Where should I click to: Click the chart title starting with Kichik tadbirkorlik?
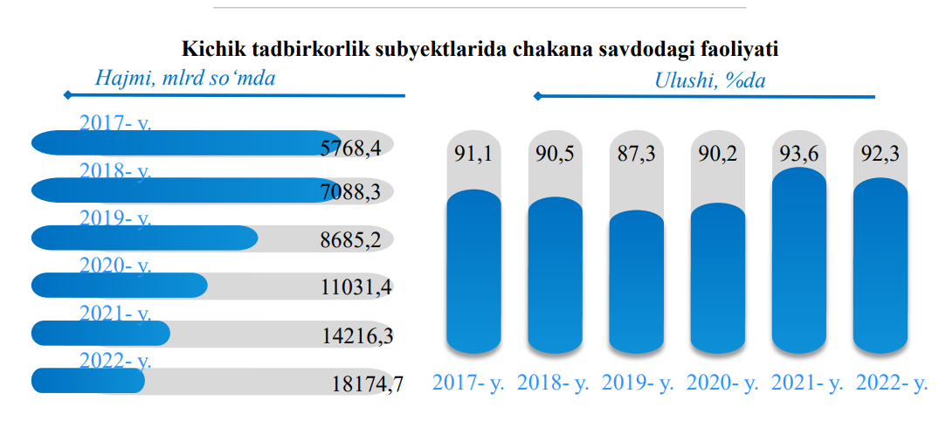(x=480, y=49)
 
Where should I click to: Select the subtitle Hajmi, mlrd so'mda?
(x=184, y=79)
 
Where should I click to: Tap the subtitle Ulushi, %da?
(x=709, y=81)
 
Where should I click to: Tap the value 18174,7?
(x=367, y=383)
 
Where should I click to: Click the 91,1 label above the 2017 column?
(x=473, y=155)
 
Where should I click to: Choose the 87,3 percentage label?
(x=637, y=155)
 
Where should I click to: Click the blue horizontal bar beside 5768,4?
(x=183, y=142)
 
